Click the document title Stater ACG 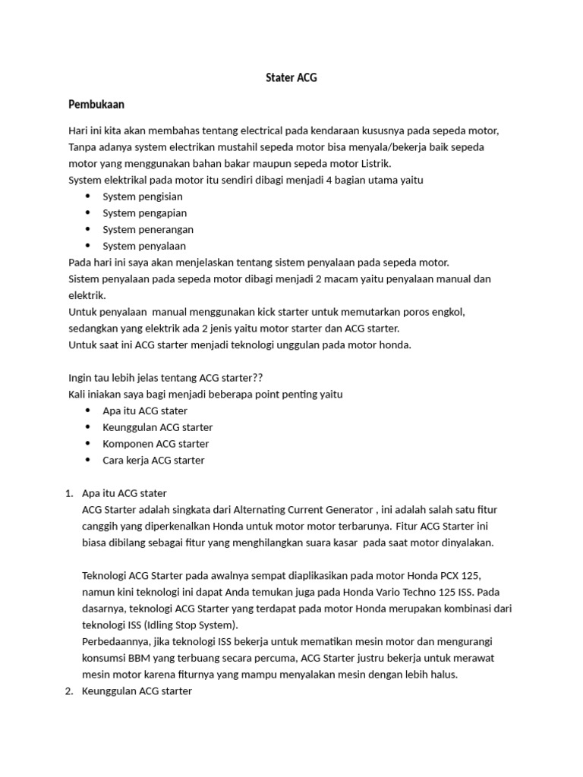(x=291, y=77)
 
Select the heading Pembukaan (x=96, y=103)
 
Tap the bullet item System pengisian (x=143, y=197)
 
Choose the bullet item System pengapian (x=144, y=213)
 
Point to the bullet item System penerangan (x=148, y=229)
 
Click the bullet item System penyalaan (x=144, y=246)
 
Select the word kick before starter (x=250, y=312)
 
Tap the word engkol (x=449, y=312)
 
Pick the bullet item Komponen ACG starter (x=156, y=443)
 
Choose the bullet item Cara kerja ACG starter (x=153, y=460)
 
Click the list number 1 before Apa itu (x=70, y=493)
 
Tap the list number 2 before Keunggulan (x=70, y=691)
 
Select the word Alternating (x=263, y=510)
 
